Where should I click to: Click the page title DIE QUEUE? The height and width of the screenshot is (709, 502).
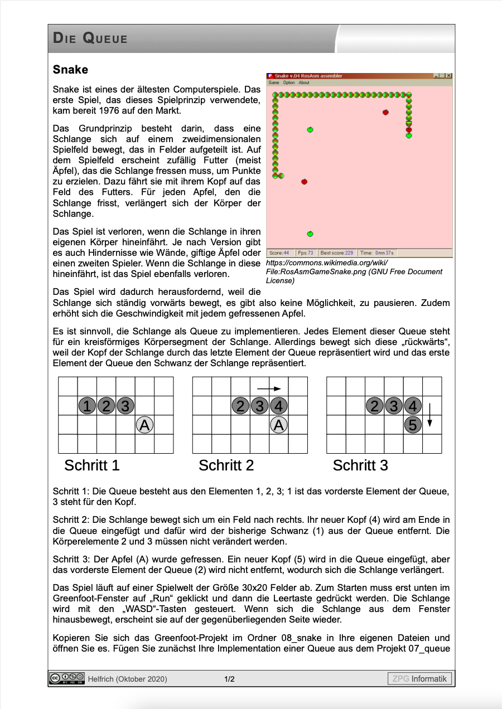[90, 38]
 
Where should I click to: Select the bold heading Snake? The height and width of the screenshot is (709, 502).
[70, 70]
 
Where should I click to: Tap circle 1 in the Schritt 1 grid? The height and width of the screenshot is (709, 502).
[87, 406]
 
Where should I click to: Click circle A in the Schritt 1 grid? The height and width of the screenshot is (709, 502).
[144, 425]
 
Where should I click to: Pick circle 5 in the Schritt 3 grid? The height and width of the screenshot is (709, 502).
[413, 425]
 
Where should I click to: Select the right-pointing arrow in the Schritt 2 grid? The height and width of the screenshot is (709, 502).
[269, 389]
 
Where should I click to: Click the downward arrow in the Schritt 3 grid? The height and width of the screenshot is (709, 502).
[429, 415]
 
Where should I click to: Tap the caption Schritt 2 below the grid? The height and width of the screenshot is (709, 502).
[226, 465]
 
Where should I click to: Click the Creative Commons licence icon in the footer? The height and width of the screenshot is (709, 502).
[67, 678]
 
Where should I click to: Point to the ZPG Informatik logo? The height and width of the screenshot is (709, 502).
[419, 678]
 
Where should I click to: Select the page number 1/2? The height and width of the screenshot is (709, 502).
[229, 679]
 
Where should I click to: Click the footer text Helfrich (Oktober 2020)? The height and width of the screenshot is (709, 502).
[128, 679]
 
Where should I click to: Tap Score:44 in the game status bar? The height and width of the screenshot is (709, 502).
[279, 253]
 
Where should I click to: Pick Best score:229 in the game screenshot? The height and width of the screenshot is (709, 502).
[337, 253]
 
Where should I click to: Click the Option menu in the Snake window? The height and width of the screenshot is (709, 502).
[288, 82]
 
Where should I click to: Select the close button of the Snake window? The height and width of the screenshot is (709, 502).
[449, 76]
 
